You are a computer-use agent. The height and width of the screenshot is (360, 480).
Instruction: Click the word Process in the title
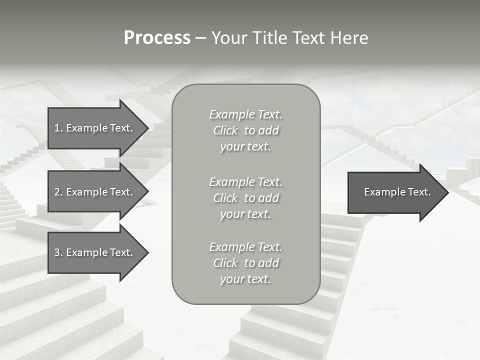(157, 38)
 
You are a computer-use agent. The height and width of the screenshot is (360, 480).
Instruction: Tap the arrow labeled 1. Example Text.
(93, 128)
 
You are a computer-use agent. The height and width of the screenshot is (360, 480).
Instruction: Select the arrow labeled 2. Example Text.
(93, 192)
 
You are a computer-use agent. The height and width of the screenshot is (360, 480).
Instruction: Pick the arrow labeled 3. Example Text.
(93, 252)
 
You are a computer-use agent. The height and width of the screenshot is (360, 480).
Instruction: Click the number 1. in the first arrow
(58, 128)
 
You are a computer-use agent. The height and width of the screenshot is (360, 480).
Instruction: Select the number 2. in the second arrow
(58, 192)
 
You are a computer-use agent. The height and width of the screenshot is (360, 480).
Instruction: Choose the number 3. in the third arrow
(58, 252)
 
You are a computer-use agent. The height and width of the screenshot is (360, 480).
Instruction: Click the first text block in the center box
(245, 130)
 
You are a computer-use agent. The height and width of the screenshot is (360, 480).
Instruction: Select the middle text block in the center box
(245, 198)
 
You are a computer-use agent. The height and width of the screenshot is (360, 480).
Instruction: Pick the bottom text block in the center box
(245, 263)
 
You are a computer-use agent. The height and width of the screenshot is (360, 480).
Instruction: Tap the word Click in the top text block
(225, 130)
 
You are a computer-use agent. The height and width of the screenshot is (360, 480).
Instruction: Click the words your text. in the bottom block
(245, 279)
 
